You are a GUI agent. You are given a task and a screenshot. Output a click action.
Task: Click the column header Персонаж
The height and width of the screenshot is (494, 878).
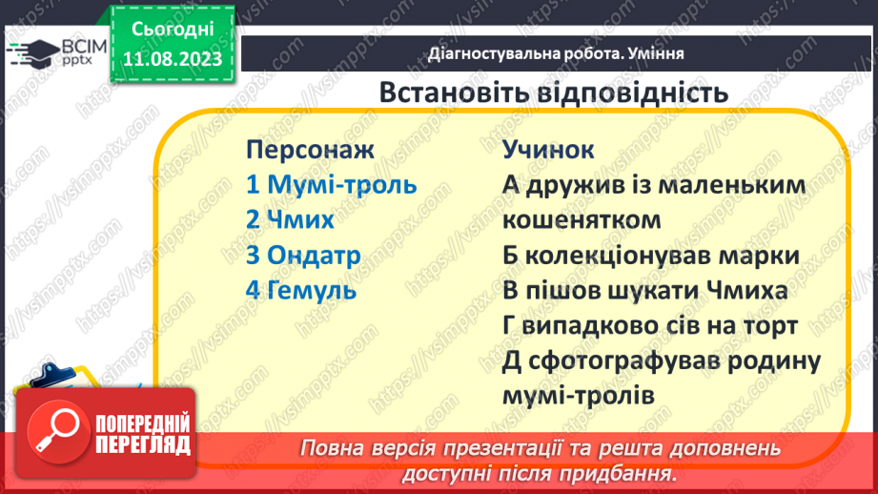pyautogui.click(x=310, y=150)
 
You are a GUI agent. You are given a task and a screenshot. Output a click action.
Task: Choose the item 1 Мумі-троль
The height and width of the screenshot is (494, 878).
pyautogui.click(x=331, y=184)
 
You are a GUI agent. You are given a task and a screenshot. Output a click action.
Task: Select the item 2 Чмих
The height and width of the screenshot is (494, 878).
pyautogui.click(x=290, y=219)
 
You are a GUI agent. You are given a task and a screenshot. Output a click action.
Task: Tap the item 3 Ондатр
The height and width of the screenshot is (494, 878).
pyautogui.click(x=303, y=255)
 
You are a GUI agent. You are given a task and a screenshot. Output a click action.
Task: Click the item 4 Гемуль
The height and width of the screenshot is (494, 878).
pyautogui.click(x=300, y=290)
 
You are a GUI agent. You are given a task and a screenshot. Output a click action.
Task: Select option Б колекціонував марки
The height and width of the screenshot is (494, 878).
pyautogui.click(x=650, y=256)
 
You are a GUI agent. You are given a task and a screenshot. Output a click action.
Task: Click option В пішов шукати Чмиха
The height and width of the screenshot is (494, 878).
pyautogui.click(x=644, y=290)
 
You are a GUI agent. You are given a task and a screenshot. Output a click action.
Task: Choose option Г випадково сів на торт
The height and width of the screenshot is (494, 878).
pyautogui.click(x=649, y=325)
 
